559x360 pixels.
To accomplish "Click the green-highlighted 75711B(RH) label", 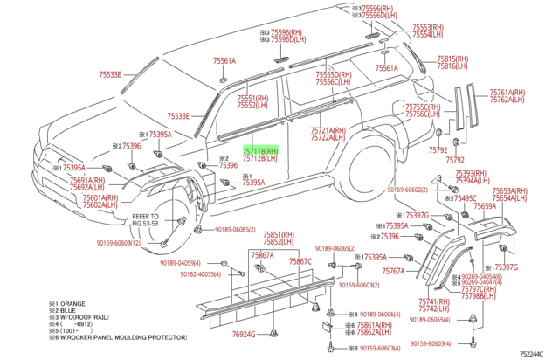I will pos(259,150).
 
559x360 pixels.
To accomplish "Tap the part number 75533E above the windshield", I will pos(110,75).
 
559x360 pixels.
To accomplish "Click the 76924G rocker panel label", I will pos(245,335).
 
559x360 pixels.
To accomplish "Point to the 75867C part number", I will pos(300,262).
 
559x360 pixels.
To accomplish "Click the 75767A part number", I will pos(393,272).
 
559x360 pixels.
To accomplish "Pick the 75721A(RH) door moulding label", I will pos(328,129).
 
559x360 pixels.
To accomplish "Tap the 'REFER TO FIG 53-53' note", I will pos(145,219).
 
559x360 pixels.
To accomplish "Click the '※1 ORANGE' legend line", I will pos(72,302).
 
